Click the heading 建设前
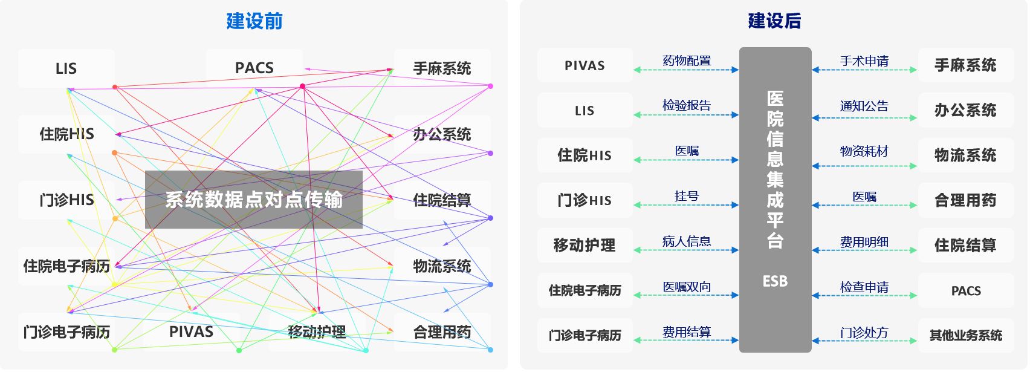pos(254,21)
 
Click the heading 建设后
pos(774,21)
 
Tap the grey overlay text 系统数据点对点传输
pos(254,200)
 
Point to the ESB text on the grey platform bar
pos(775,281)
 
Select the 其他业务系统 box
pos(965,335)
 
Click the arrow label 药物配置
pos(687,60)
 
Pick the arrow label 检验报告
pos(687,105)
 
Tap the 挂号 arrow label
pos(687,196)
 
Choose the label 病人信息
pos(687,241)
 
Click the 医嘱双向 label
pos(687,287)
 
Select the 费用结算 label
pos(687,332)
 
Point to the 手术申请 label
pos(864,61)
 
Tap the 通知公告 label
pos(864,106)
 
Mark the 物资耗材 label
pos(864,151)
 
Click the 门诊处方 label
pos(864,333)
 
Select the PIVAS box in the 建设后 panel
pos(585,65)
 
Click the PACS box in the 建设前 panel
pos(254,68)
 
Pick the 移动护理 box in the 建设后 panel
pos(585,245)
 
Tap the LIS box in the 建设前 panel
pos(66,68)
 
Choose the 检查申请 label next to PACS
pos(864,287)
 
